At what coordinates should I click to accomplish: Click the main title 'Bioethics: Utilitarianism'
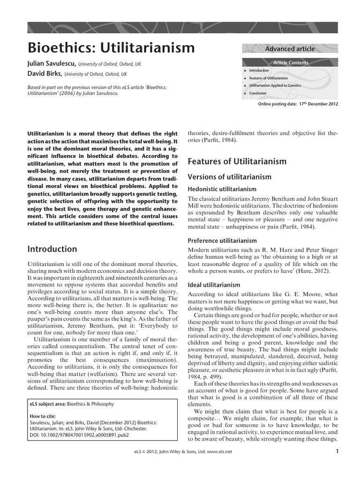(112, 48)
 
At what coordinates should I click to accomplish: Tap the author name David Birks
(45, 74)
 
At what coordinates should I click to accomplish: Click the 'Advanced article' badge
(290, 49)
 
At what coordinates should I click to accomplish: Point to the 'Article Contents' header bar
(290, 62)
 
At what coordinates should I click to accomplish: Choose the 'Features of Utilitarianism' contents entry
(269, 78)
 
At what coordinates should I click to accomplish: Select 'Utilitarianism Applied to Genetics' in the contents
(275, 85)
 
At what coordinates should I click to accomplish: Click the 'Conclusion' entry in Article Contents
(257, 93)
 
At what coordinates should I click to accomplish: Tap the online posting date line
(298, 104)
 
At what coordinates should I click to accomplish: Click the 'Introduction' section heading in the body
(52, 249)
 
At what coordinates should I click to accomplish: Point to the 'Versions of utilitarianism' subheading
(229, 177)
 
